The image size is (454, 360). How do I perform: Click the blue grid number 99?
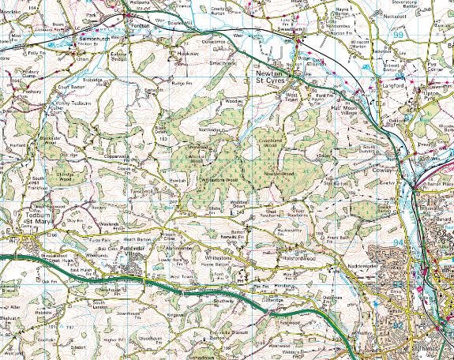coord(396,36)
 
